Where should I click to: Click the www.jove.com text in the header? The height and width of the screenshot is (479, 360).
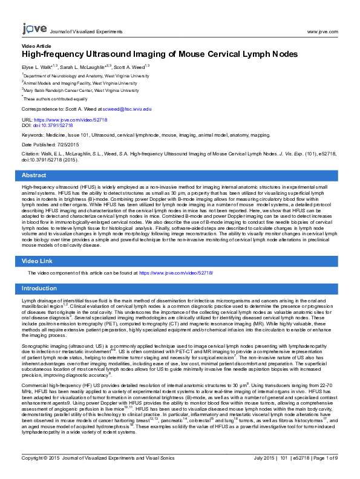pyautogui.click(x=322, y=31)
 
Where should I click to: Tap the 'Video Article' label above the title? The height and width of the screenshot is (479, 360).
pyautogui.click(x=36, y=46)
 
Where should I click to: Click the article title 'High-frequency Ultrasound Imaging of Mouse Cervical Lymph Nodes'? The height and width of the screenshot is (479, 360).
pyautogui.click(x=155, y=54)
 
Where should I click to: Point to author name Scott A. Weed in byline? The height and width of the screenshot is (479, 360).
pyautogui.click(x=130, y=67)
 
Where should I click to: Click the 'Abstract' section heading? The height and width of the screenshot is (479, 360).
pyautogui.click(x=34, y=175)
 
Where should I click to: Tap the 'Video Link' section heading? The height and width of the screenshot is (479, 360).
pyautogui.click(x=38, y=261)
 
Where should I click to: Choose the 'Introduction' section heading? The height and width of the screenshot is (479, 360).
pyautogui.click(x=39, y=288)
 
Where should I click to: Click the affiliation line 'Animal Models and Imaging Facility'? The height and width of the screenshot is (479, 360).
pyautogui.click(x=87, y=83)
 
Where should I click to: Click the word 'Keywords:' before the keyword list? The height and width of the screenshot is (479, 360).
pyautogui.click(x=33, y=135)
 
